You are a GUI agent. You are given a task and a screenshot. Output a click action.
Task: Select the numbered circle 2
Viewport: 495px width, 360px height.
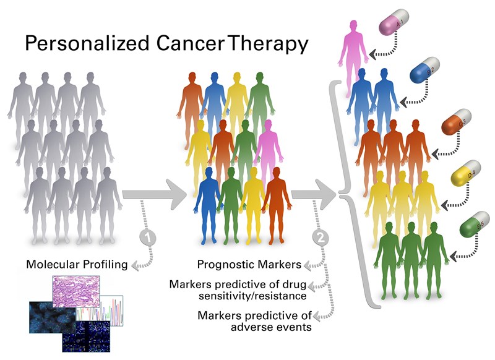[321, 236]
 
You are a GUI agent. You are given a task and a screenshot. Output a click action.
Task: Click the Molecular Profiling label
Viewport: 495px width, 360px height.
[77, 265]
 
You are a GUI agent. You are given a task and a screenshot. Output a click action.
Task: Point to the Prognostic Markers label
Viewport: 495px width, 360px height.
[249, 265]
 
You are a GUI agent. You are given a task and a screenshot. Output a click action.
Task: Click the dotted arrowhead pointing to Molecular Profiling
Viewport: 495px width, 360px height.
[134, 265]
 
